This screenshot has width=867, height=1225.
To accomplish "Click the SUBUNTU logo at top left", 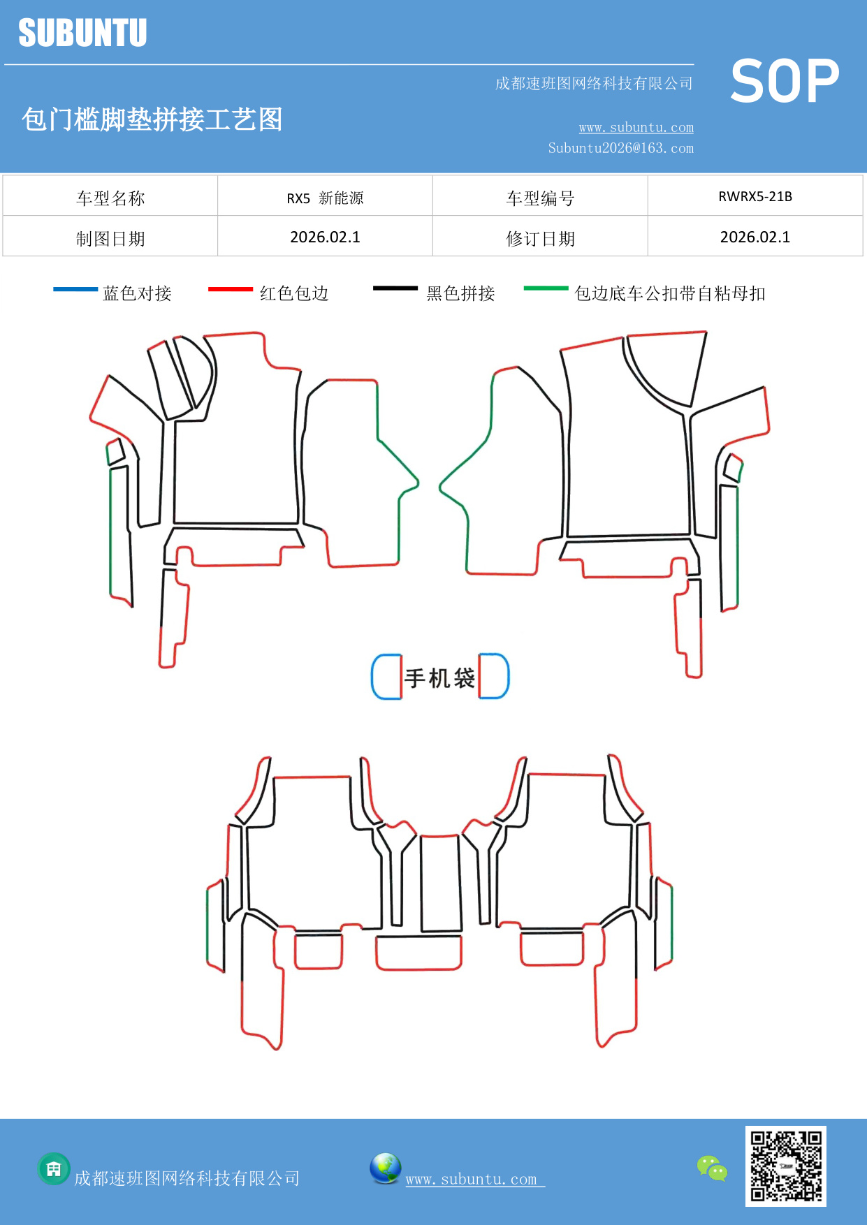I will [x=82, y=33].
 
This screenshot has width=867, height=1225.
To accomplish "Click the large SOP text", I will [x=785, y=82].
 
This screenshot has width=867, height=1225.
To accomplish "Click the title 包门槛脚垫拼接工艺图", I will [x=152, y=119].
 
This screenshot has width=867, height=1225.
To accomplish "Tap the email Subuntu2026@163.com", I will [x=620, y=148].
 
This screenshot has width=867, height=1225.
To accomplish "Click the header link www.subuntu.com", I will [x=636, y=127].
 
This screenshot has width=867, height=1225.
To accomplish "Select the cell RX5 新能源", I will [x=325, y=198].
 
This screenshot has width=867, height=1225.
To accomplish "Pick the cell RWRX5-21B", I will [x=755, y=196].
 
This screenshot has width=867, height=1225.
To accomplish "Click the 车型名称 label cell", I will [x=110, y=198].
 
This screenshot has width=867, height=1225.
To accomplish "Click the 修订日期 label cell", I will [x=540, y=239].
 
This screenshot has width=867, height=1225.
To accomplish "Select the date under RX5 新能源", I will [x=325, y=237].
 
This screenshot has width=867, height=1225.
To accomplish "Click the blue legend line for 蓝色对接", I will [x=75, y=288].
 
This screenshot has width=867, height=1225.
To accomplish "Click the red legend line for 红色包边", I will [x=231, y=288].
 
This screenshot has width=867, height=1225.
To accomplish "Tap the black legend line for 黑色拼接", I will [x=395, y=288].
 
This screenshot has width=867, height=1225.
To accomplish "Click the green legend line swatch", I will [x=546, y=288].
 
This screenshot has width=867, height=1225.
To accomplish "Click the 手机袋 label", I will [x=439, y=677].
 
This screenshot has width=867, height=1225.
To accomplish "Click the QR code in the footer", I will [x=785, y=1166].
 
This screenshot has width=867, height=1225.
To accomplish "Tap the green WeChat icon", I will [x=712, y=1168].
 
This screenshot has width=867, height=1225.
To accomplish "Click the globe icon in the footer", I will [x=385, y=1168].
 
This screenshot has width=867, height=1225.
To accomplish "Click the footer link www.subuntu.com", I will [x=472, y=1179].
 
